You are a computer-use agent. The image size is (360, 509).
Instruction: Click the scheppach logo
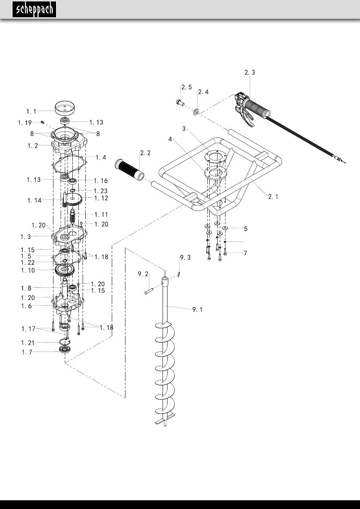pyautogui.click(x=34, y=9)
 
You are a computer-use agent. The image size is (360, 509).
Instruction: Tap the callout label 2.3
pyautogui.click(x=250, y=72)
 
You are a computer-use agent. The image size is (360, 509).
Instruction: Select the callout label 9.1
pyautogui.click(x=197, y=309)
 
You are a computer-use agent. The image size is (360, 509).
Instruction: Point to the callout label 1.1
pyautogui.click(x=31, y=112)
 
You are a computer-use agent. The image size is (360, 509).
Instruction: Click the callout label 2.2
pyautogui.click(x=145, y=153)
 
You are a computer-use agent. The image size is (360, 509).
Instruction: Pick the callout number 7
pyautogui.click(x=246, y=253)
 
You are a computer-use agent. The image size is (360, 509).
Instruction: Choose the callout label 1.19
pyautogui.click(x=25, y=123)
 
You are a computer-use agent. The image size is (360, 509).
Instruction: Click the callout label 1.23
pyautogui.click(x=100, y=191)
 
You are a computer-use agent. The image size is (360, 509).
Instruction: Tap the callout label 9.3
pyautogui.click(x=185, y=258)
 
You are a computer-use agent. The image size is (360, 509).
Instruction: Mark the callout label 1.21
pyautogui.click(x=28, y=343)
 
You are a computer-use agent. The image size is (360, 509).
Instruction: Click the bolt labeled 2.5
pyautogui.click(x=180, y=103)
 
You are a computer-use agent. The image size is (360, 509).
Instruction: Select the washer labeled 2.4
pyautogui.click(x=196, y=112)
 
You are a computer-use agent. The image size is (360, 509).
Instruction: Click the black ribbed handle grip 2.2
pyautogui.click(x=130, y=170)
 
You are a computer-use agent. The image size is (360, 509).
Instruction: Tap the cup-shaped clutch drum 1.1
pyautogui.click(x=66, y=108)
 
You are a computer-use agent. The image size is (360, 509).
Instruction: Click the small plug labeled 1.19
pyautogui.click(x=42, y=123)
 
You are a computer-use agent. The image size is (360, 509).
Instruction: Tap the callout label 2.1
pyautogui.click(x=273, y=197)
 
